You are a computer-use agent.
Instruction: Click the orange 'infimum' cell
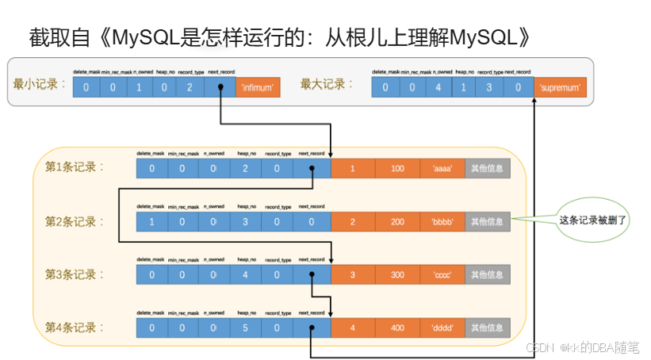(x=258, y=88)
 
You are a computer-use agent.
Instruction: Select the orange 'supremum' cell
(x=561, y=88)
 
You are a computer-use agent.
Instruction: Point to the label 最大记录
(x=327, y=84)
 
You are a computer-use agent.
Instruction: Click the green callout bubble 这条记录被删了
(x=593, y=220)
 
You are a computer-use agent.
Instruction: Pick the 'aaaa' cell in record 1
(x=442, y=168)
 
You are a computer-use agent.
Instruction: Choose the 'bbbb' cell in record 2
(x=442, y=222)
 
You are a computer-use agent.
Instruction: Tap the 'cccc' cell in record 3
(x=442, y=275)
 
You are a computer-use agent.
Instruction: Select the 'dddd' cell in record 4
(x=442, y=327)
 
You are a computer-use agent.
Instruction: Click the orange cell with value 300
(x=397, y=275)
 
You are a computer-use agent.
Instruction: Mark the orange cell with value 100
(x=397, y=168)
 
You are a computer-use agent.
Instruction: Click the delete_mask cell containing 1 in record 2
(x=151, y=222)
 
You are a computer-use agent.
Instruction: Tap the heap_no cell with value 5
(x=245, y=327)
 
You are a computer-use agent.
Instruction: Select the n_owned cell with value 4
(x=437, y=88)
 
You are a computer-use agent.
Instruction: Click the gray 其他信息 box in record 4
(x=487, y=327)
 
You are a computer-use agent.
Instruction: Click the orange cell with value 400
(x=397, y=327)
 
